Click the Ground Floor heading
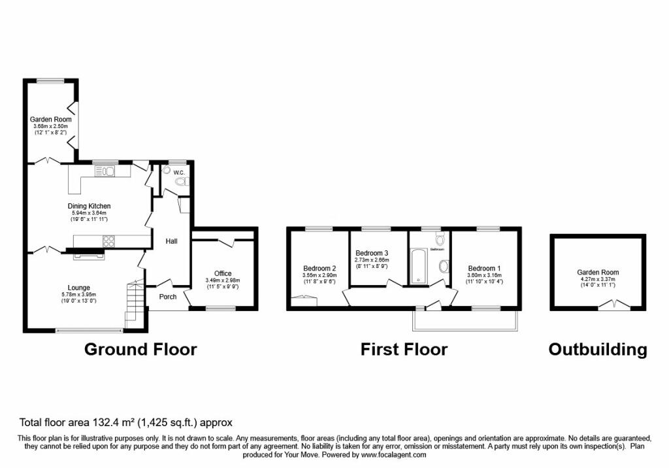140,350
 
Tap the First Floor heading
404,350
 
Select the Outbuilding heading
598,350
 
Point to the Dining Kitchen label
89,206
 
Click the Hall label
171,241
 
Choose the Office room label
223,274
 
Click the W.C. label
178,173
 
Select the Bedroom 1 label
483,269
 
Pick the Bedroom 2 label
319,268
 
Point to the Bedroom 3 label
372,253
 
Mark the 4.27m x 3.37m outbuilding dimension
597,280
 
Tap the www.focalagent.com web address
394,454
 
